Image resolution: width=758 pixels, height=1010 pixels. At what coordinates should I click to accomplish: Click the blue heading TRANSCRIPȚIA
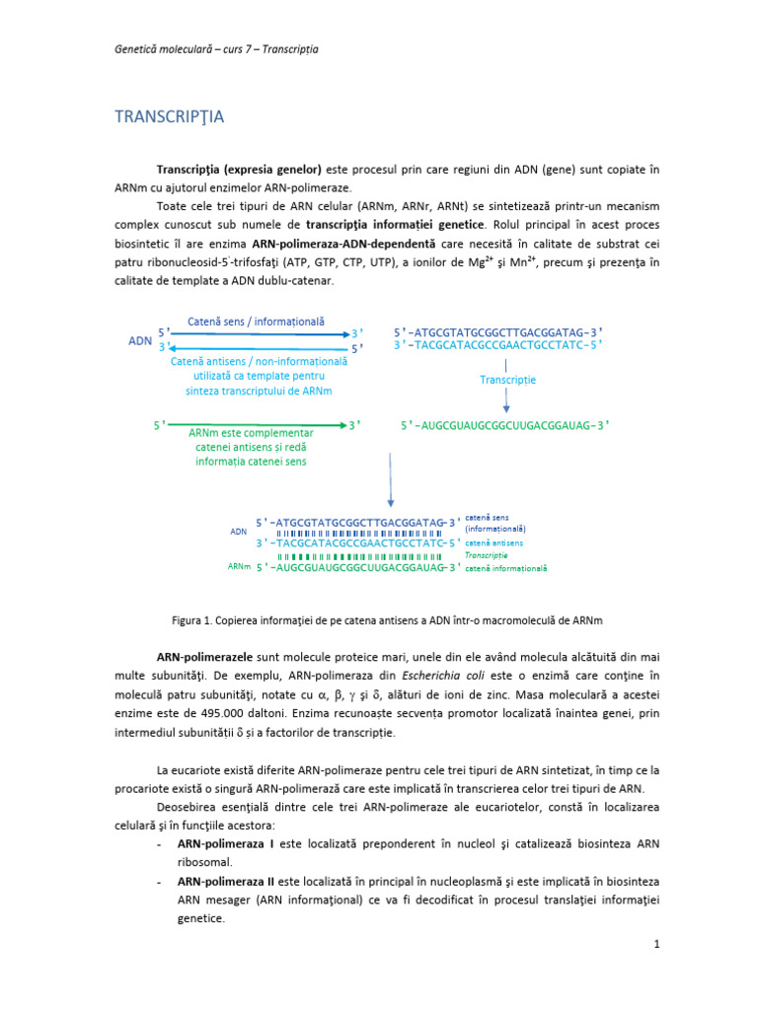170,117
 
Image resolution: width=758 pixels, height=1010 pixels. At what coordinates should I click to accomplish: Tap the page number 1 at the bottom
655,945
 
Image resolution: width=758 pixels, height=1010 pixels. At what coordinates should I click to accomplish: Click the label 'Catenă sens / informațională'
256,322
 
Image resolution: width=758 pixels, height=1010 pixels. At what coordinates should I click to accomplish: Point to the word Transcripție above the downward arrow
508,380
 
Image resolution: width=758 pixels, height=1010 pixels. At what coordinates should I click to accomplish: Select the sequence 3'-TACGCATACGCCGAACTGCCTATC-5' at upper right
497,345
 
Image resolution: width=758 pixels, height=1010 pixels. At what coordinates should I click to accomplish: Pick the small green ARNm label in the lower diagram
239,567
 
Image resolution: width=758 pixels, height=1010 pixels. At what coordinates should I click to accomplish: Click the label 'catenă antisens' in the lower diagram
493,542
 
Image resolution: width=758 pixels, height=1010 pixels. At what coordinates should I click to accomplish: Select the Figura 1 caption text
387,619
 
